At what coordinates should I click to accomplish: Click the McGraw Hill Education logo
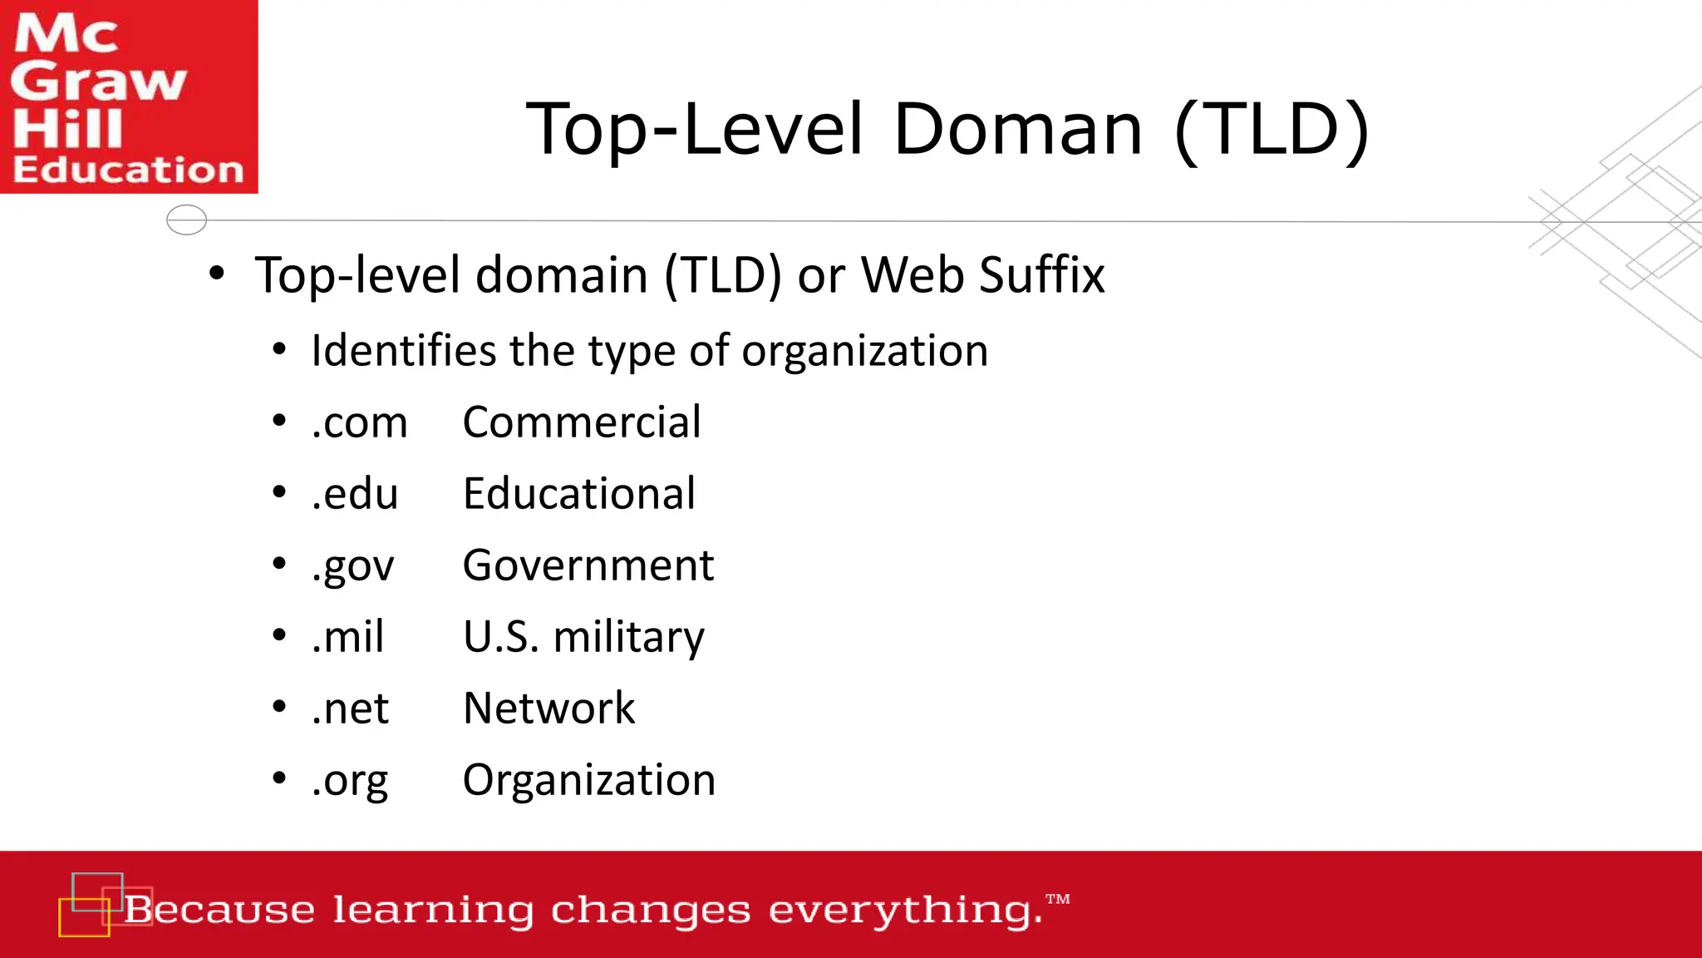(x=129, y=96)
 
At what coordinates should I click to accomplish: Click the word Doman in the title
(x=1018, y=129)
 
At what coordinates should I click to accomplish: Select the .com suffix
(x=360, y=422)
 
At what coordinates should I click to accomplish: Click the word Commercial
(x=582, y=422)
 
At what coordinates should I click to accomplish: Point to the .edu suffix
(x=355, y=494)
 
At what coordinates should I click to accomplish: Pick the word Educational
(x=579, y=494)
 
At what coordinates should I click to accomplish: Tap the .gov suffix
(x=353, y=566)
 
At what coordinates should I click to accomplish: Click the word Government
(x=588, y=566)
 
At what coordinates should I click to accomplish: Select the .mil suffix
(x=348, y=637)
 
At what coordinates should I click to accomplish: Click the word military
(x=629, y=638)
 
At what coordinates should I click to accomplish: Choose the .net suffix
(x=350, y=709)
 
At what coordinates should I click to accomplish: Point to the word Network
(x=549, y=709)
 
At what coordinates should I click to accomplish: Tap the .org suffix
(x=350, y=781)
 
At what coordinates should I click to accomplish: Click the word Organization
(x=589, y=781)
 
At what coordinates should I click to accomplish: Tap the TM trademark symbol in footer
(x=1058, y=899)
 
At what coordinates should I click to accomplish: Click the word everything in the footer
(x=906, y=911)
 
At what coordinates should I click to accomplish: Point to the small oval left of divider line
(x=186, y=220)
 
